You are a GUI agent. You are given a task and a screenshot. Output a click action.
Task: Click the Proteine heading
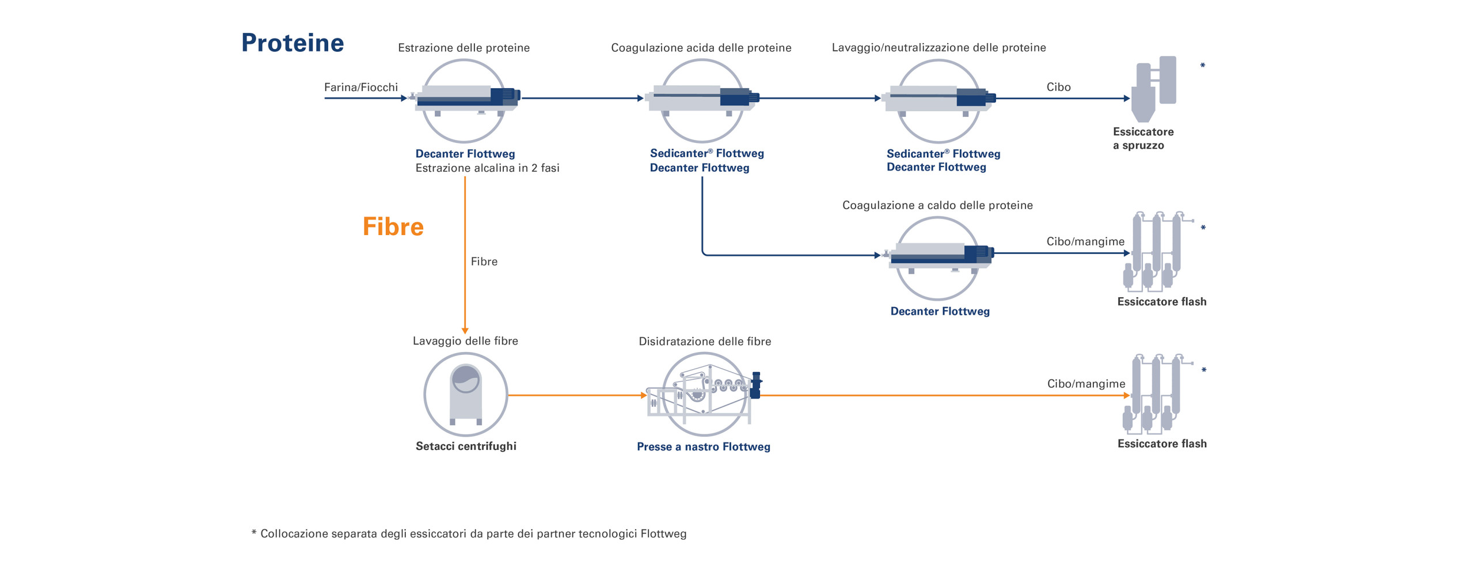tap(292, 43)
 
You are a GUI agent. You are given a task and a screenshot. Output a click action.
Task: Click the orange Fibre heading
tap(393, 226)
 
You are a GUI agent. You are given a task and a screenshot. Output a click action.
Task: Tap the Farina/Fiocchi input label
tap(360, 87)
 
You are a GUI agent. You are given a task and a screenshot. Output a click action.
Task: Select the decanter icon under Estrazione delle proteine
tap(464, 100)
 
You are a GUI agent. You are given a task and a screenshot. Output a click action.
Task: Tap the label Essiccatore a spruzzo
tap(1143, 138)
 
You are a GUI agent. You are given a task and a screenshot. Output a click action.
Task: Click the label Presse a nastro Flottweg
tap(703, 446)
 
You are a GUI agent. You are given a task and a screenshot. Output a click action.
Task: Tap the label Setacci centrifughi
tap(466, 446)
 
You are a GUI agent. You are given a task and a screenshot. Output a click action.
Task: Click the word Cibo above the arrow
tap(1058, 87)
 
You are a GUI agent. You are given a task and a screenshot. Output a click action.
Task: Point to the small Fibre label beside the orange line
tap(484, 262)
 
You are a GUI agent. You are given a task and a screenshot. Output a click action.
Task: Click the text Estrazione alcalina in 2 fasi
tap(487, 168)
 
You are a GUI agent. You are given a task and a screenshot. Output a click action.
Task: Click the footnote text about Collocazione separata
tap(469, 533)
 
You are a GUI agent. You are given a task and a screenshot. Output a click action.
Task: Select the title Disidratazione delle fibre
tap(705, 341)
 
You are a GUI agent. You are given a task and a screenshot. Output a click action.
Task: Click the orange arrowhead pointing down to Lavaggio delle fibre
tap(465, 331)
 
